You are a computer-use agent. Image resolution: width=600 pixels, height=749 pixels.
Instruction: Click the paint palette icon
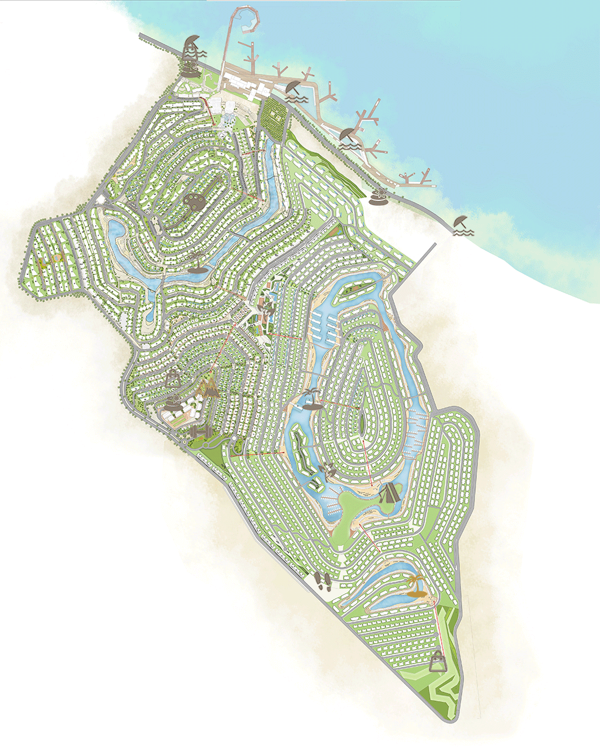click(x=193, y=203)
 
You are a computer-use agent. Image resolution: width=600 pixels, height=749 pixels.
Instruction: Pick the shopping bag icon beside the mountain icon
click(x=173, y=377)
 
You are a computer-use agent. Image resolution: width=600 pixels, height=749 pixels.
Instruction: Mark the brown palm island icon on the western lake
click(x=198, y=264)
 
